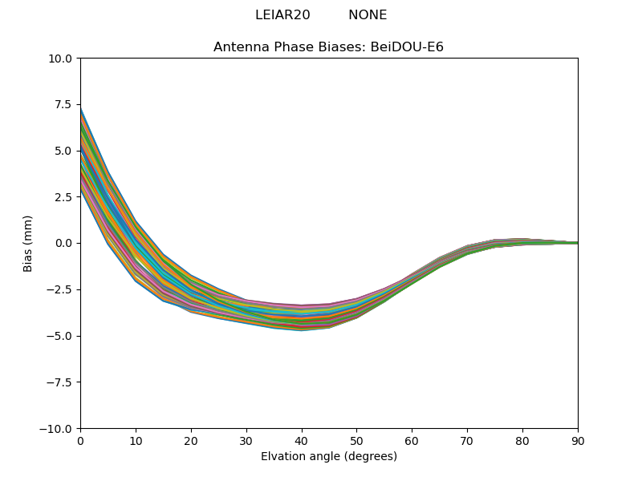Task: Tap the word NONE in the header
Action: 368,15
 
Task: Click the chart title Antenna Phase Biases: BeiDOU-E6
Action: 328,47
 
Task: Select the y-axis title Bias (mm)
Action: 28,243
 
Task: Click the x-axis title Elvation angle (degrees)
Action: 328,457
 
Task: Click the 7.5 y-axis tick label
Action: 64,104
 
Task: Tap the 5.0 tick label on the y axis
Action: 64,151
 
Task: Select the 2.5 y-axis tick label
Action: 64,197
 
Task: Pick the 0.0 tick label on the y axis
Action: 64,243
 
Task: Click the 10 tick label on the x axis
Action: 136,441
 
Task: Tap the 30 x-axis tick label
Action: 246,441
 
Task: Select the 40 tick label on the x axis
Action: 302,441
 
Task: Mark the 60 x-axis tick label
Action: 412,441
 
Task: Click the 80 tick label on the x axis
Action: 522,441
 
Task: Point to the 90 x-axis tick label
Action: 578,441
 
